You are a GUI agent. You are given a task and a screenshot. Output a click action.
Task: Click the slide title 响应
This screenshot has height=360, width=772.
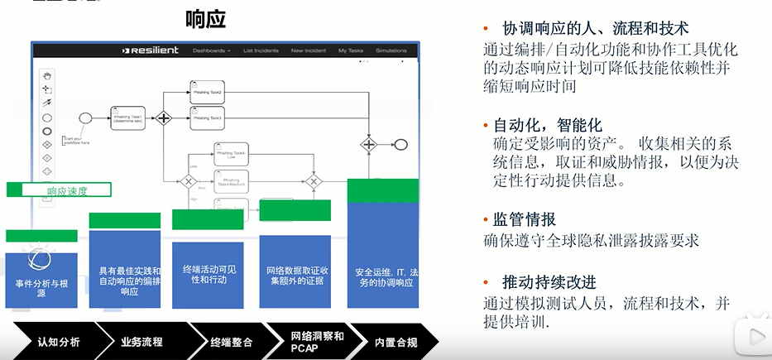pyautogui.click(x=206, y=19)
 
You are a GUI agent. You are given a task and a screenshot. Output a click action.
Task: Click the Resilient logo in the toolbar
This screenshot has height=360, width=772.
pyautogui.click(x=151, y=51)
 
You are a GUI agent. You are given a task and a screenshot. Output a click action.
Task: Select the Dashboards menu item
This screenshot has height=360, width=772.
pyautogui.click(x=211, y=51)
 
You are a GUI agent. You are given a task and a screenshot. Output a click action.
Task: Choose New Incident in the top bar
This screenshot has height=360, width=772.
pyautogui.click(x=308, y=51)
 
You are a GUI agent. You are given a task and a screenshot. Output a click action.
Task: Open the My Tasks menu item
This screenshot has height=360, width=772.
pyautogui.click(x=351, y=51)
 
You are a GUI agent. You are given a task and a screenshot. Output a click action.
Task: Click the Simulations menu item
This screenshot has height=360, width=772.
pyautogui.click(x=391, y=51)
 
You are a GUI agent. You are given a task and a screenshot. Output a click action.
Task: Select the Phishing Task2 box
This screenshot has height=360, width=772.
pyautogui.click(x=207, y=92)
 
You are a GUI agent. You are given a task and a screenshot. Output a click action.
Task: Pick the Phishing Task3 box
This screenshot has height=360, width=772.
pyautogui.click(x=207, y=118)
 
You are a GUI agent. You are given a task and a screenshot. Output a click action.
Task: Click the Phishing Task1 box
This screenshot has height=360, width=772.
pyautogui.click(x=129, y=118)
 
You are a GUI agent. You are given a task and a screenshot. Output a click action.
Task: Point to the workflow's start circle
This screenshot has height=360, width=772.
pyautogui.click(x=84, y=118)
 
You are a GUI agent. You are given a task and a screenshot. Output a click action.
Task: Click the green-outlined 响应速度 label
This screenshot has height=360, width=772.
pyautogui.click(x=67, y=190)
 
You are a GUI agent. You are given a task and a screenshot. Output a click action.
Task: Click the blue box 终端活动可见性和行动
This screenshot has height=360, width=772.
pyautogui.click(x=208, y=274)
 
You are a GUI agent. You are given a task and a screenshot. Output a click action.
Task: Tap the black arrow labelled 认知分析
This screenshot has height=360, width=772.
pyautogui.click(x=58, y=342)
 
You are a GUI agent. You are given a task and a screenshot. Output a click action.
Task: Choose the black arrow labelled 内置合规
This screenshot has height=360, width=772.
pyautogui.click(x=396, y=342)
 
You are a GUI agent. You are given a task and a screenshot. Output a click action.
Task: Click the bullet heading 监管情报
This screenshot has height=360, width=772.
pyautogui.click(x=525, y=219)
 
